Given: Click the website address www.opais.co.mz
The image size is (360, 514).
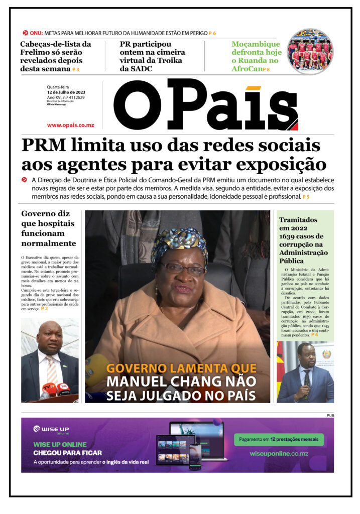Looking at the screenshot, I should click(70, 125).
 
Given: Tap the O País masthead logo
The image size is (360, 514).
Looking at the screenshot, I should click(206, 105).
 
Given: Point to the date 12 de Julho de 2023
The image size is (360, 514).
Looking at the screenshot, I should click(66, 92).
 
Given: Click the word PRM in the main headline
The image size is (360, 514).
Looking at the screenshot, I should click(44, 146).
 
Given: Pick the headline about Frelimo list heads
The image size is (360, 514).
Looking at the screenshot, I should click(55, 56).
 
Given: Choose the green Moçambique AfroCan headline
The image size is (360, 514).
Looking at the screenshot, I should click(256, 56).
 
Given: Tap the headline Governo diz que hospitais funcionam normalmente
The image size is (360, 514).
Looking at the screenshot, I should click(49, 228).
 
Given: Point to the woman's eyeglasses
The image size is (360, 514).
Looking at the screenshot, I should click(183, 269).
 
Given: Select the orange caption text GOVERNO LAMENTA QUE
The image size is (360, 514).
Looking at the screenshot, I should click(181, 368).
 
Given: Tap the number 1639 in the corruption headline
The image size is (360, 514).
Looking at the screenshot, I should click(291, 236).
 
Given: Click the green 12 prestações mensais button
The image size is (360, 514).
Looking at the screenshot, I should click(279, 439).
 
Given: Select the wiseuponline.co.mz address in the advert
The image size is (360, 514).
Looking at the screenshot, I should click(279, 453).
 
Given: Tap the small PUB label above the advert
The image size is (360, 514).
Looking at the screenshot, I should click(330, 416).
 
